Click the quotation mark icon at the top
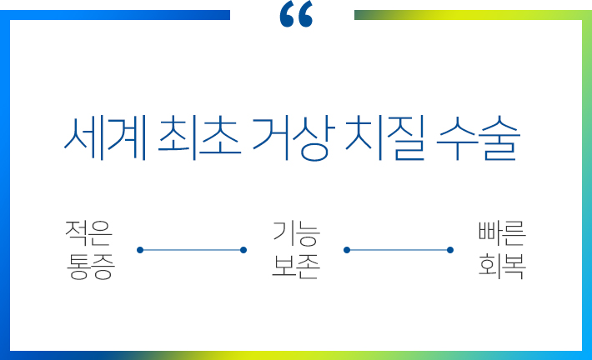pos(296,14)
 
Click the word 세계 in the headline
pos(105,138)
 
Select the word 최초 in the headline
pos(199,138)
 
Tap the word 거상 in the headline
pos(293,138)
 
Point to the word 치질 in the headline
pos(385,138)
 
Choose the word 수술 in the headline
pos(479,138)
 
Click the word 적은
pos(88,233)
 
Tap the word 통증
pos(90,267)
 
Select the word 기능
pos(296,233)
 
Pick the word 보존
pos(296,267)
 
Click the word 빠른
pos(502,233)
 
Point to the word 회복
pos(502,267)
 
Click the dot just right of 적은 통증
pos(140,250)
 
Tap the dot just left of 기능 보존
pos(243,250)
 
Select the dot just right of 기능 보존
pos(347,250)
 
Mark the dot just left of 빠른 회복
pos(450,250)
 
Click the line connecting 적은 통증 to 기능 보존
pos(192,250)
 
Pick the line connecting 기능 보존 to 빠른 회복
pos(399,250)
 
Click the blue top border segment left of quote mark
pos(115,15)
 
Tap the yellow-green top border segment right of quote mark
pos(473,15)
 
